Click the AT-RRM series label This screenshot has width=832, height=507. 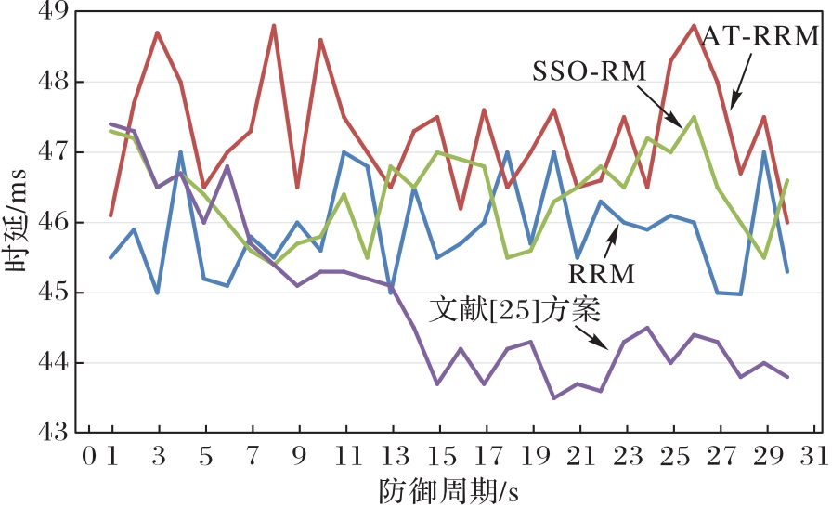760,36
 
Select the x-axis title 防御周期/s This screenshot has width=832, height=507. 448,488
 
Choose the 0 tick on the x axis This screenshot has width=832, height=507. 89,458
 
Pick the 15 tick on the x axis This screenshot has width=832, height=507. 439,458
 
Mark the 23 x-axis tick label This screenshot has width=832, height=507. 627,458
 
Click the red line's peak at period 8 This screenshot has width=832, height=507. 274,26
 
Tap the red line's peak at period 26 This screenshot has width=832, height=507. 694,26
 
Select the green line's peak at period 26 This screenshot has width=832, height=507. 694,117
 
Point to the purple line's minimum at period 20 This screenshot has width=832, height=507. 554,397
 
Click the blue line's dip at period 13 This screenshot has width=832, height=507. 391,292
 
